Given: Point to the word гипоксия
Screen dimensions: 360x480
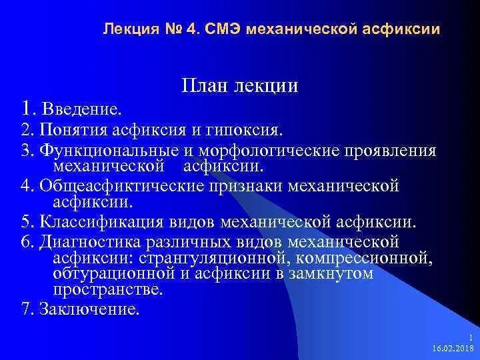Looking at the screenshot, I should pos(249,128).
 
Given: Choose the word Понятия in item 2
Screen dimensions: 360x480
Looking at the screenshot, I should pos(70,128).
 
